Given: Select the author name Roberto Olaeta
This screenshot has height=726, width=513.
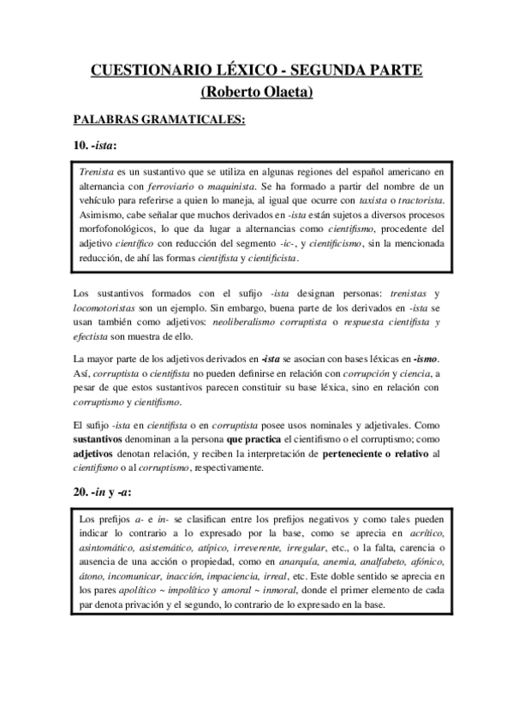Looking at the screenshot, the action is (256, 92).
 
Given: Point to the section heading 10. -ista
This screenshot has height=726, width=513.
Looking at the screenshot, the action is (94, 144).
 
